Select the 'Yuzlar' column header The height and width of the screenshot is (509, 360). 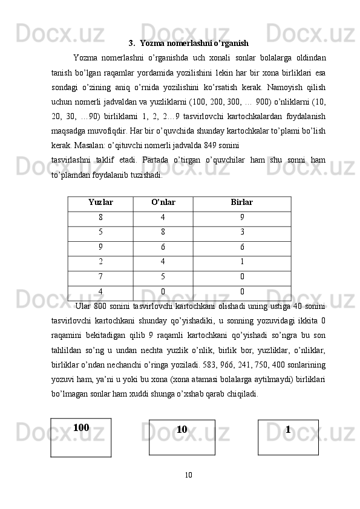point(100,203)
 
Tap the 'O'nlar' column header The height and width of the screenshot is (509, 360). point(163,203)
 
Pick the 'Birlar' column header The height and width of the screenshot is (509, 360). point(242,203)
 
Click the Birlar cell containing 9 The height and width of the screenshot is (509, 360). point(242,218)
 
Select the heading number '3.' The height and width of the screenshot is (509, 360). point(132,44)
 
